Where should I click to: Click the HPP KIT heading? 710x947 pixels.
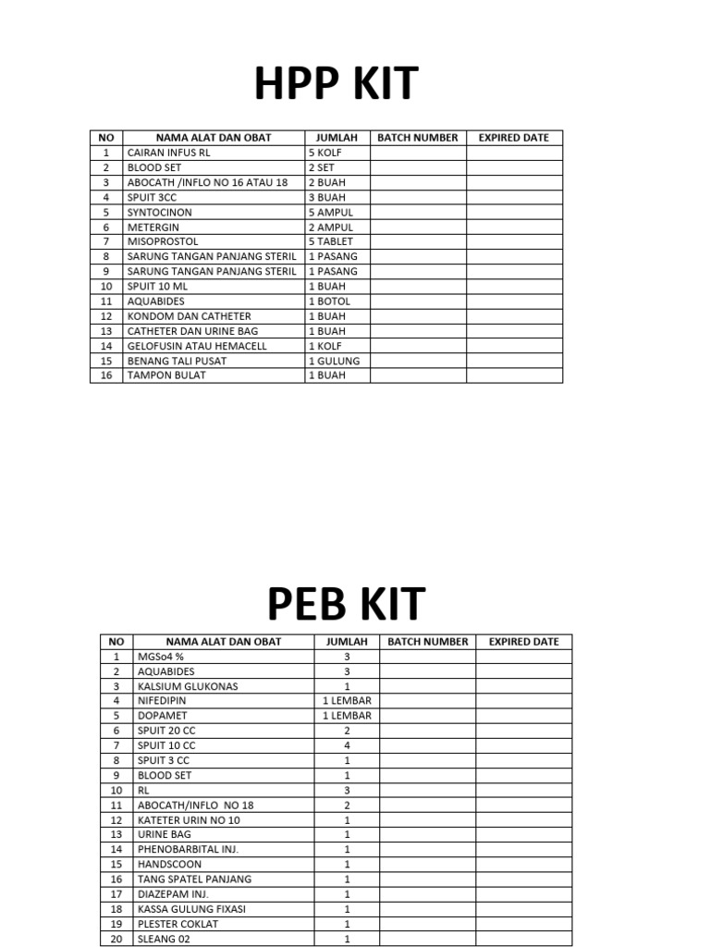click(337, 85)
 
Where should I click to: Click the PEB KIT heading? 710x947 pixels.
click(346, 604)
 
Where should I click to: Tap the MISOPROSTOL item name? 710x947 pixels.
click(163, 241)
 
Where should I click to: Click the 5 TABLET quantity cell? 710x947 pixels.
click(331, 241)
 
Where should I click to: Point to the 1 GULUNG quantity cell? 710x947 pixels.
click(335, 361)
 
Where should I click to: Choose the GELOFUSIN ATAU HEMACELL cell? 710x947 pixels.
click(197, 346)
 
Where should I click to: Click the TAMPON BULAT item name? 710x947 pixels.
click(166, 375)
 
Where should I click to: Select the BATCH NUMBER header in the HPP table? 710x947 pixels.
click(417, 138)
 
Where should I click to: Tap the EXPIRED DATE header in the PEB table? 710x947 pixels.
click(523, 642)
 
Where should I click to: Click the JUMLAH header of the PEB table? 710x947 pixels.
click(347, 642)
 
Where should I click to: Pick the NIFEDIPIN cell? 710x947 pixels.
click(162, 701)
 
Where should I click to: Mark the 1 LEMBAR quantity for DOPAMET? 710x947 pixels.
click(347, 716)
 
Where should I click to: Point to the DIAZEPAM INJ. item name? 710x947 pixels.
click(173, 894)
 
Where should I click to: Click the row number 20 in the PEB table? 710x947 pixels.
click(116, 939)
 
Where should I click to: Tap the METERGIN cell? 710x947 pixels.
click(153, 227)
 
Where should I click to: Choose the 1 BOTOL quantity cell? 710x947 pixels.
click(330, 301)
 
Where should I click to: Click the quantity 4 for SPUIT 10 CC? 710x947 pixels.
click(347, 745)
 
